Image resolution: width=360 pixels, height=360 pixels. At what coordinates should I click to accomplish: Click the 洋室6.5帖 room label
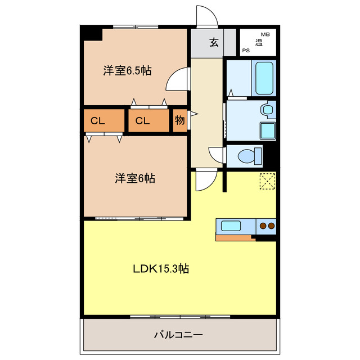click(x=127, y=71)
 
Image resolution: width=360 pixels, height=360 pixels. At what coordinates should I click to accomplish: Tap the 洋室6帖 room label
click(x=135, y=179)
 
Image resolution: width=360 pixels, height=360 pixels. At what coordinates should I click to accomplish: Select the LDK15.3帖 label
click(x=161, y=269)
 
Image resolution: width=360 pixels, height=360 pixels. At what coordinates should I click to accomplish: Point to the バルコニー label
click(x=178, y=335)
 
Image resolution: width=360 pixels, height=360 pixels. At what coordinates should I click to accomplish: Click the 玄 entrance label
click(x=214, y=42)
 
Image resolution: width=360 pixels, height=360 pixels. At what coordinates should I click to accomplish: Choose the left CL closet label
click(x=97, y=121)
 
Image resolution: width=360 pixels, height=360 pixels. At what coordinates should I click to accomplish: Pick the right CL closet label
click(x=142, y=121)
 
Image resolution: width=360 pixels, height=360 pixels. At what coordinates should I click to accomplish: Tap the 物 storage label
click(x=179, y=120)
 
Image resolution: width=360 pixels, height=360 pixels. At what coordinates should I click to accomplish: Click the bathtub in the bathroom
click(x=264, y=78)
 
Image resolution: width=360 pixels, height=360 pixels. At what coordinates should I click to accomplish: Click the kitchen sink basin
click(x=231, y=226)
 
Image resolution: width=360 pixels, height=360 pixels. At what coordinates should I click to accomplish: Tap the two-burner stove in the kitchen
click(x=266, y=226)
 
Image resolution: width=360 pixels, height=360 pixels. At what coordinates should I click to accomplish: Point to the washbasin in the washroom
click(x=268, y=109)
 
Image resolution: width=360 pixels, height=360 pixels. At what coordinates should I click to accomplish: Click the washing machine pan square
click(x=267, y=130)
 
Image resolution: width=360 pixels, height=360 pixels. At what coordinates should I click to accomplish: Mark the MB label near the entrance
click(x=264, y=34)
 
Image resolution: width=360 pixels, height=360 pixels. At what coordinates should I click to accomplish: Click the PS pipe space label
click(x=246, y=51)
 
